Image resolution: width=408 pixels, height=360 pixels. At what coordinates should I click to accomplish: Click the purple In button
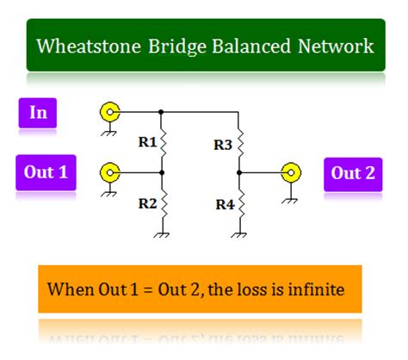[x=38, y=114]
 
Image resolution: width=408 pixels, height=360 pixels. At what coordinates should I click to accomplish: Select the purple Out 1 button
[x=46, y=172]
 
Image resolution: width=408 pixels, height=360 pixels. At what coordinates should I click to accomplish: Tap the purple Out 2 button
[x=354, y=173]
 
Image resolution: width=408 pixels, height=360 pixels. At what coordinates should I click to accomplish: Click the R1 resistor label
[x=147, y=143]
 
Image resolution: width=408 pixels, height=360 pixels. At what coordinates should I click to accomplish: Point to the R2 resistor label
[x=147, y=204]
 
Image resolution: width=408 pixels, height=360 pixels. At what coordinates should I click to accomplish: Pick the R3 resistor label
[x=223, y=146]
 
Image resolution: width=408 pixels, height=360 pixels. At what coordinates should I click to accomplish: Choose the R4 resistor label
[x=223, y=206]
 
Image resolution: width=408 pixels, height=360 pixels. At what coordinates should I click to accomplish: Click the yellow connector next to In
[x=110, y=112]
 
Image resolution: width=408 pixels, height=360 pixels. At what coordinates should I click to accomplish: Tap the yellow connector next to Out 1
[x=110, y=173]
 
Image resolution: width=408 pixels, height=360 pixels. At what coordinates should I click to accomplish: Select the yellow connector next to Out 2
[x=293, y=173]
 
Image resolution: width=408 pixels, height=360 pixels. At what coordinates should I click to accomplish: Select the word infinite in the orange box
[x=315, y=288]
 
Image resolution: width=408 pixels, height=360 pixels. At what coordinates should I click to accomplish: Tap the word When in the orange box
[x=67, y=288]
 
